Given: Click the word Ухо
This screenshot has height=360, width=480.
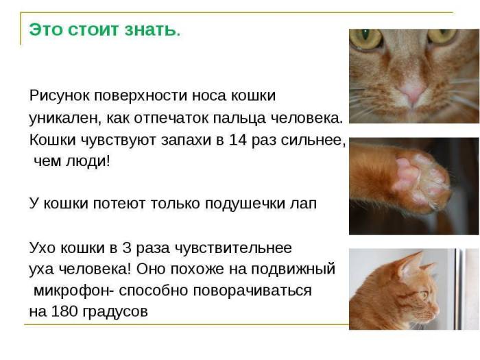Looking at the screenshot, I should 42,248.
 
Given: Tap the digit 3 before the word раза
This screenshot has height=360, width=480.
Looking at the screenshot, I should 131,248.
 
